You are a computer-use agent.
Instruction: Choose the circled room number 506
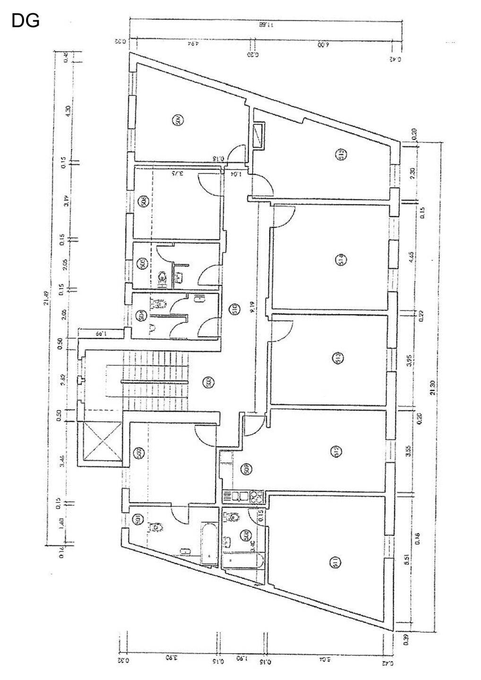142,202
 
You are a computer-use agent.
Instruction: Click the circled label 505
141,263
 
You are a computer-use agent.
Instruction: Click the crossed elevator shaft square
103,441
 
